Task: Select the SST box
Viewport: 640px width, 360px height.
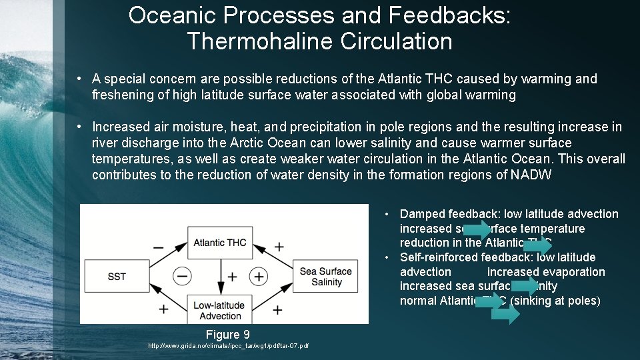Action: pyautogui.click(x=117, y=276)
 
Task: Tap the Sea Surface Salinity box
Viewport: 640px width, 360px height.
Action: pyautogui.click(x=326, y=277)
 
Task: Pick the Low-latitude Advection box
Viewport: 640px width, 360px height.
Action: pyautogui.click(x=220, y=310)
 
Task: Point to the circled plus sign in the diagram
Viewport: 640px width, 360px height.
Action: pyautogui.click(x=258, y=276)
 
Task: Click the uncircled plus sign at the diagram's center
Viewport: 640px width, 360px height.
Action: pyautogui.click(x=232, y=276)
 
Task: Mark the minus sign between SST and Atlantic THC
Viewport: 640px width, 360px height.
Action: pyautogui.click(x=158, y=247)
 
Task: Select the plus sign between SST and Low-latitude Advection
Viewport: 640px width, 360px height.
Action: pyautogui.click(x=163, y=309)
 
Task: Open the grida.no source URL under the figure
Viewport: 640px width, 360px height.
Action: pyautogui.click(x=228, y=345)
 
